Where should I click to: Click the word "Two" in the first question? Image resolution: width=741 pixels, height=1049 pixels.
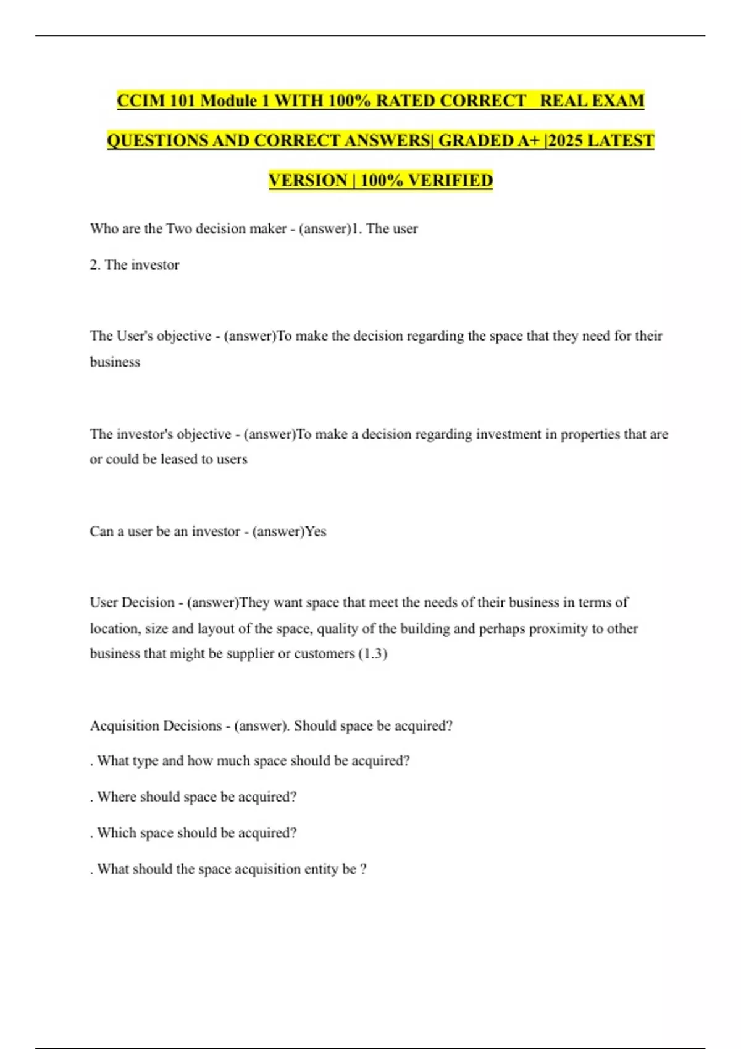(179, 229)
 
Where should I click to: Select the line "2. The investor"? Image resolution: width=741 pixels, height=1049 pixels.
(135, 265)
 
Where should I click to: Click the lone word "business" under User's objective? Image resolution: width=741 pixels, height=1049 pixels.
(115, 362)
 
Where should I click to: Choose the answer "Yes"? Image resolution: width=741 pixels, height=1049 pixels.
(316, 532)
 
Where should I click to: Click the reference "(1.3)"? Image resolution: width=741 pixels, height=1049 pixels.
(373, 654)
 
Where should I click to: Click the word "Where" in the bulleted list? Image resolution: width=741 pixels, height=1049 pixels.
(117, 797)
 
